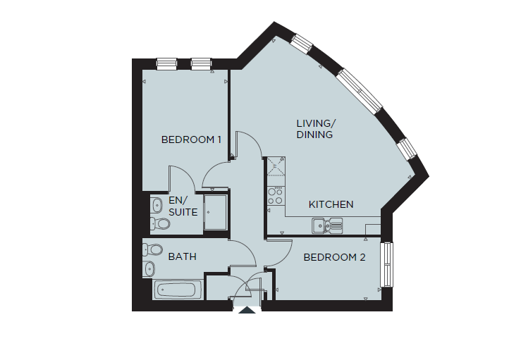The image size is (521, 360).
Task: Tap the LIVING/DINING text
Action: point(314,129)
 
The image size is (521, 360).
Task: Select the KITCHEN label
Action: point(331,204)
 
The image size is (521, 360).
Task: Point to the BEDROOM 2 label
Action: point(334,258)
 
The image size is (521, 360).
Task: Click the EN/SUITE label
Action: point(183,206)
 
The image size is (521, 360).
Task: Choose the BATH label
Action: point(182,256)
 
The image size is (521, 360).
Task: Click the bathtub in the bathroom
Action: point(178,289)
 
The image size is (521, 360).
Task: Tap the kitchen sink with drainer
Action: point(326,225)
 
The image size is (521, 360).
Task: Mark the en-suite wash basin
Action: point(155,205)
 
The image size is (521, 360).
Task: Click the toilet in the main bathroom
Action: point(152,249)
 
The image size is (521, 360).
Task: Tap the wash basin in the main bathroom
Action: point(149,268)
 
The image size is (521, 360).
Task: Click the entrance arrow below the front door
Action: point(247,310)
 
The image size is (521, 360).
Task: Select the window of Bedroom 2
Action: point(386,265)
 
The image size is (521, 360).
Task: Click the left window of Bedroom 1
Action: point(167,63)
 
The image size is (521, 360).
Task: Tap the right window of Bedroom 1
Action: point(201,63)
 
